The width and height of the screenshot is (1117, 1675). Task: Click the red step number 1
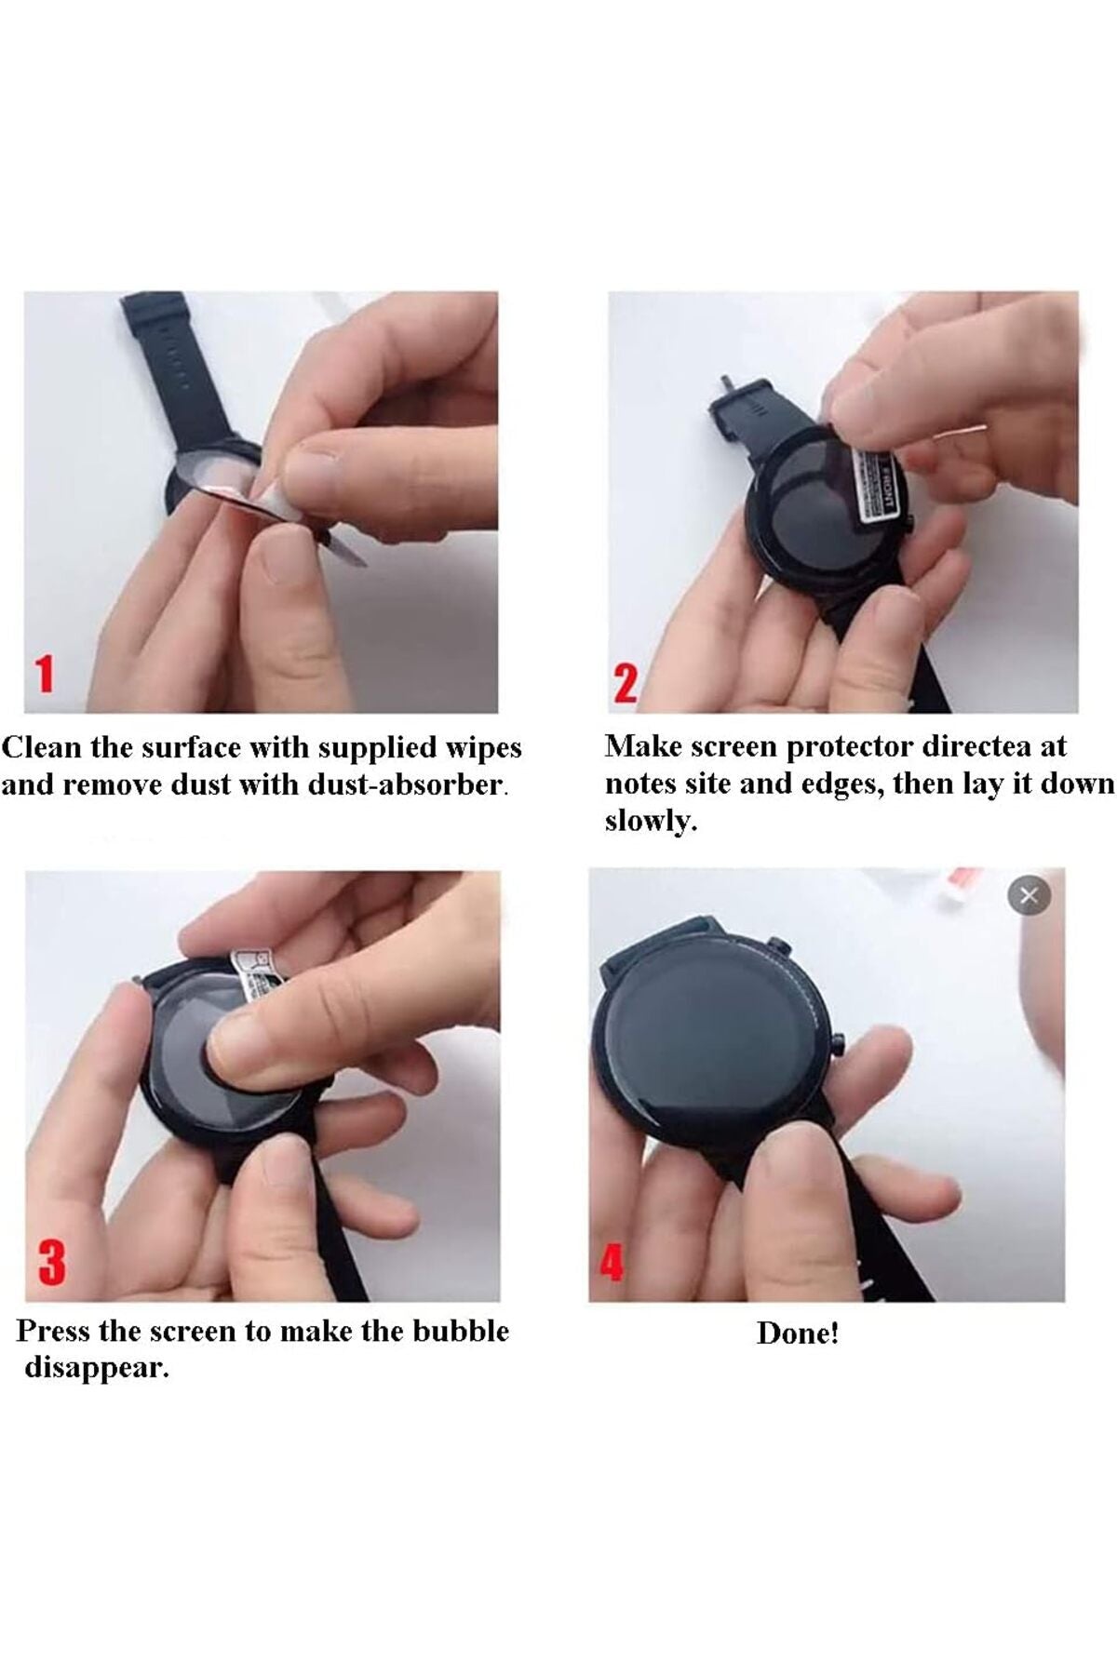pyautogui.click(x=44, y=673)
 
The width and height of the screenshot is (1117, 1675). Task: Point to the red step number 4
pyautogui.click(x=612, y=1263)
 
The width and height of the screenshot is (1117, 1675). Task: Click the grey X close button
pyautogui.click(x=1029, y=896)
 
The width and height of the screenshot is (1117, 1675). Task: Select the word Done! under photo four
pyautogui.click(x=798, y=1333)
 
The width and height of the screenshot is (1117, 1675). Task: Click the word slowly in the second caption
pyautogui.click(x=651, y=821)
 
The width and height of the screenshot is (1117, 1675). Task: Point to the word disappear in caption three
pyautogui.click(x=97, y=1369)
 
